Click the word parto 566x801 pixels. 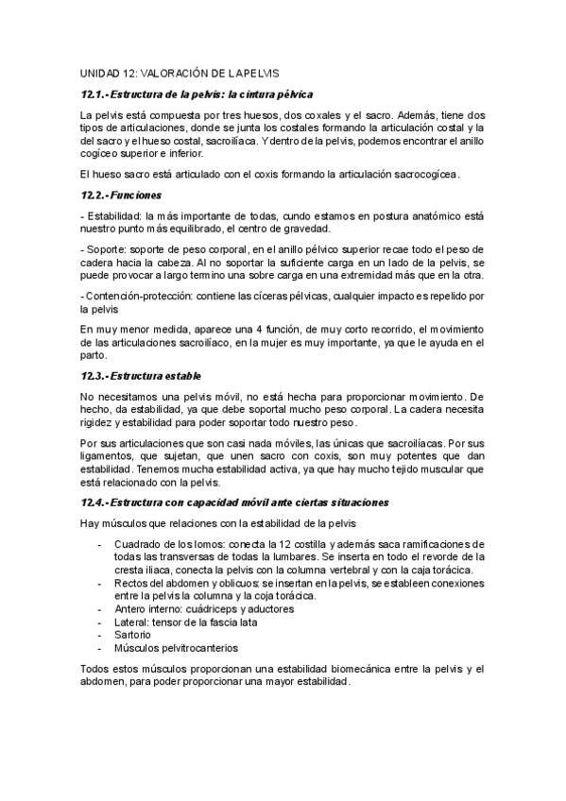click(x=94, y=355)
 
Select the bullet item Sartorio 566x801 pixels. click(x=135, y=635)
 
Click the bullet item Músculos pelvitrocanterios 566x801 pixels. click(x=177, y=648)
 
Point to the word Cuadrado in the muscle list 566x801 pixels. click(x=140, y=543)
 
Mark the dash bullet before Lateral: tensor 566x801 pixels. click(x=101, y=622)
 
